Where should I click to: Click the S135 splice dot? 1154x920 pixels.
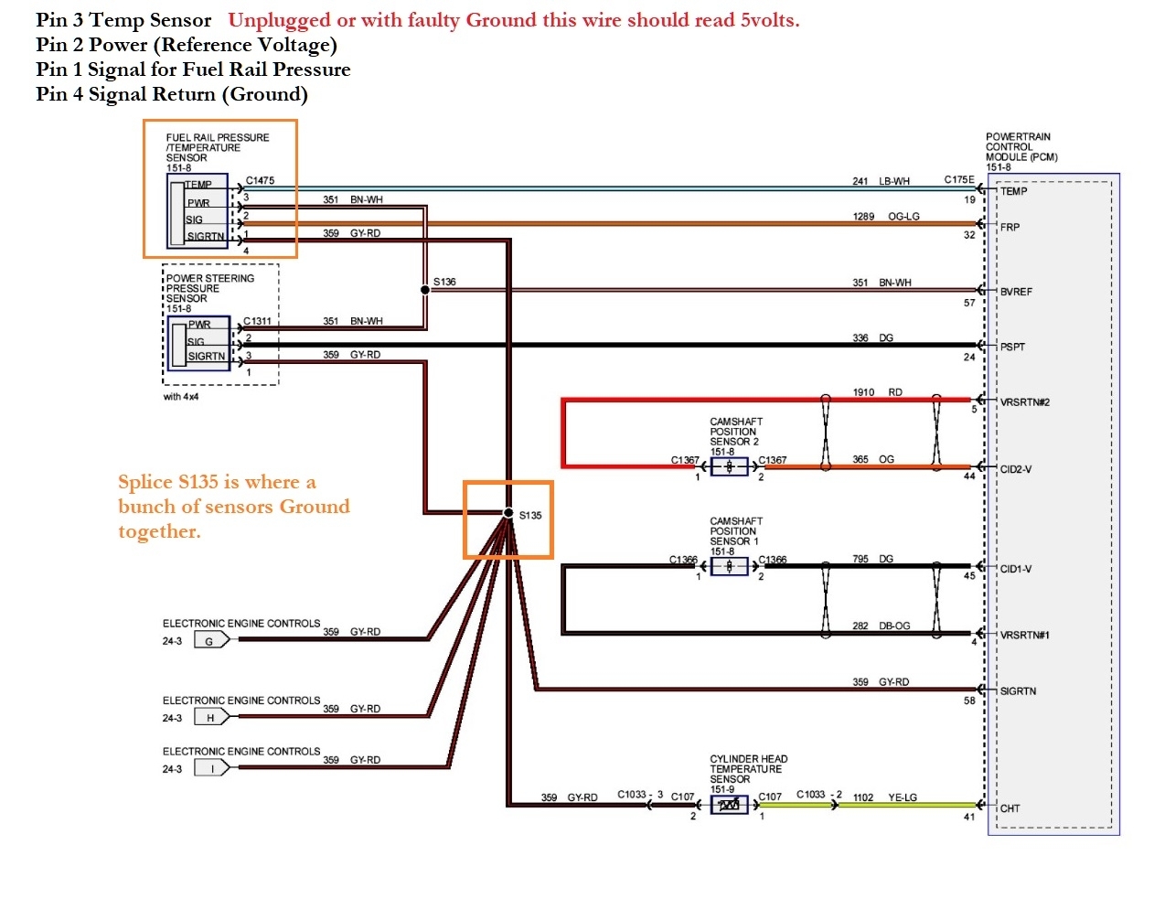click(x=508, y=513)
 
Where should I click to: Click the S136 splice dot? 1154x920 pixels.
click(x=425, y=290)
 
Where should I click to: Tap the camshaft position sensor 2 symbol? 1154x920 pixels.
click(x=729, y=466)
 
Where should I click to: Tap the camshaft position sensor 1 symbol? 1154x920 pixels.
click(x=729, y=566)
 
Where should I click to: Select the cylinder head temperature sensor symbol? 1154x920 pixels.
click(x=729, y=805)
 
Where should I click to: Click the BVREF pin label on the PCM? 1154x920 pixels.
click(x=1016, y=292)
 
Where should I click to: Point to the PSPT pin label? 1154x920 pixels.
click(x=1012, y=348)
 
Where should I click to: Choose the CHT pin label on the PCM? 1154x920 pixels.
click(x=1010, y=808)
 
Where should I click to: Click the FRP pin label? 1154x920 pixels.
click(x=1010, y=227)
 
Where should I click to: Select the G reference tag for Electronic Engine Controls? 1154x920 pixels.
click(x=210, y=641)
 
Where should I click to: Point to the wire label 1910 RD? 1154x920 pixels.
click(x=877, y=392)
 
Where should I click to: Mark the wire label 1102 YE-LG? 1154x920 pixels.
click(x=884, y=797)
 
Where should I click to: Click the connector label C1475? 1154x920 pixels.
click(x=260, y=181)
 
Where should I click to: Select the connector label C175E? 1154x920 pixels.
click(x=959, y=180)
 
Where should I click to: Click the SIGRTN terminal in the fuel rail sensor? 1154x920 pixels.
click(x=206, y=237)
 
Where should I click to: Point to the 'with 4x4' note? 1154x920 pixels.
click(x=181, y=397)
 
